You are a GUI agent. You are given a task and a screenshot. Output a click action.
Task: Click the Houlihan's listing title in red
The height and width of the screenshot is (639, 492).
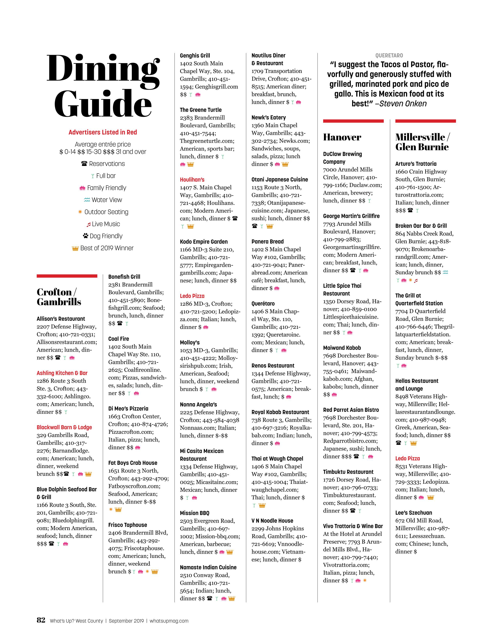tap(192, 180)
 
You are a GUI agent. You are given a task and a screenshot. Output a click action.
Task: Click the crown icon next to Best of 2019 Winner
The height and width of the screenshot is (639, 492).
tap(75, 248)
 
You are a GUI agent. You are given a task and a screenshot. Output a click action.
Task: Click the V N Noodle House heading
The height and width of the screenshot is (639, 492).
tap(272, 520)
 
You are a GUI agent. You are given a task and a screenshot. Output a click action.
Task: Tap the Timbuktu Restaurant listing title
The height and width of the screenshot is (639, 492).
tap(348, 472)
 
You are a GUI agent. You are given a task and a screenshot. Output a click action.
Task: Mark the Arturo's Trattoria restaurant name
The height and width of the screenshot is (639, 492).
tap(416, 164)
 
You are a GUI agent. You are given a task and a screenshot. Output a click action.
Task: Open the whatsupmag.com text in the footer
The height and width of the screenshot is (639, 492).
tap(169, 621)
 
